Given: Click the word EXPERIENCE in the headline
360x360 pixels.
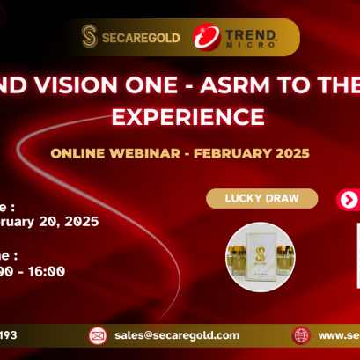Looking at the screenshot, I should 180,116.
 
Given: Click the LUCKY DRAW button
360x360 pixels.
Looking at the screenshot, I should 261,198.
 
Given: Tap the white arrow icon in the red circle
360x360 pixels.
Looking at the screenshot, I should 349,199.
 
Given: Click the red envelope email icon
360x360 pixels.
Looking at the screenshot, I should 97,335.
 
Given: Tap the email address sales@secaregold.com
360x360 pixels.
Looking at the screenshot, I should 177,335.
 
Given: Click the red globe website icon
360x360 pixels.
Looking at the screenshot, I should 301,335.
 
